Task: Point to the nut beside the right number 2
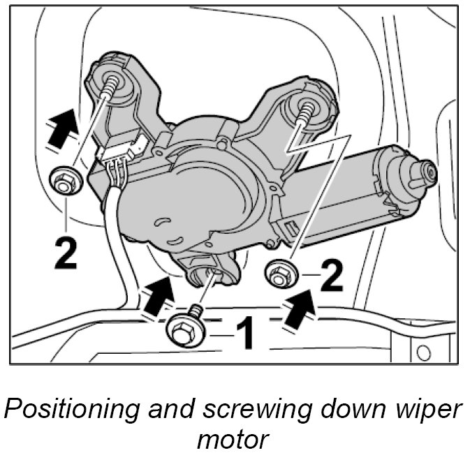[x=281, y=275]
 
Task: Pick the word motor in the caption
[x=235, y=440]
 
